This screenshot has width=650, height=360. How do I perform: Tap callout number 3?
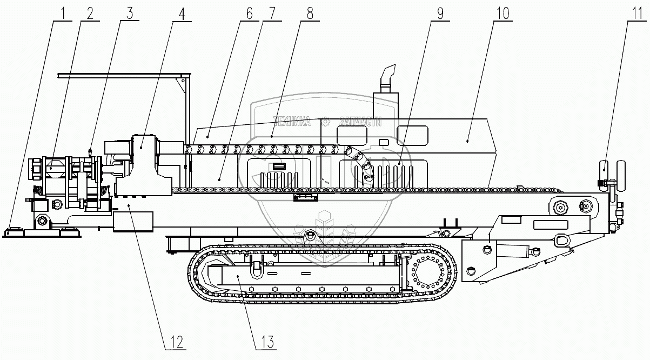[x=129, y=12]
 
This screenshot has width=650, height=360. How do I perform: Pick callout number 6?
[x=249, y=12]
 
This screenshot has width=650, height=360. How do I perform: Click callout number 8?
[x=310, y=12]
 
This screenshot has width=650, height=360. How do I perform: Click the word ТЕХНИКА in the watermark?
[x=292, y=122]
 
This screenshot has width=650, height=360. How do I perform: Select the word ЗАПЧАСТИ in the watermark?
[x=360, y=122]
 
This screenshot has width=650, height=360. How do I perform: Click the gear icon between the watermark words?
[x=325, y=122]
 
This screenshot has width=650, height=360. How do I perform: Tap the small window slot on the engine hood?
[x=384, y=142]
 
